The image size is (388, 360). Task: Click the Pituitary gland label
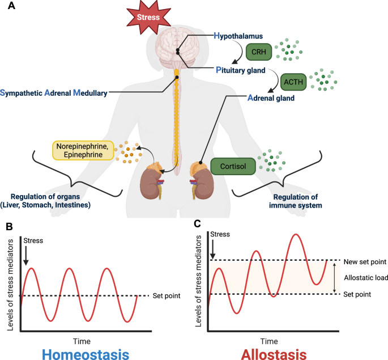245,70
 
